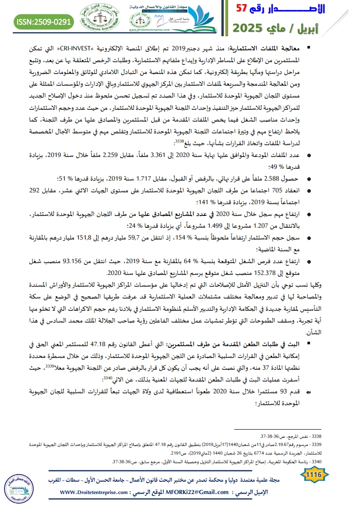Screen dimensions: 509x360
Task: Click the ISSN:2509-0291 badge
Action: tap(44, 21)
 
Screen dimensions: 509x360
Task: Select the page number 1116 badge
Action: tap(314, 475)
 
